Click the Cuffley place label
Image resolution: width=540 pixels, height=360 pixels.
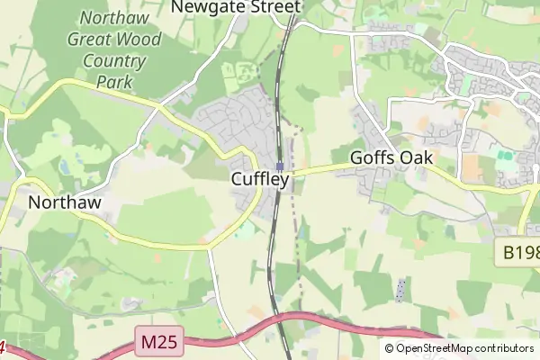pos(260,179)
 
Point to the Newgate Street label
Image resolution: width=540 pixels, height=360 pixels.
pos(235,7)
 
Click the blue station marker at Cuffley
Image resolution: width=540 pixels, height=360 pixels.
pos(280,166)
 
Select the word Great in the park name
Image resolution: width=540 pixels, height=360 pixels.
pos(93,40)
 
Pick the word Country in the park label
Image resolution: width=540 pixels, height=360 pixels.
pos(113,61)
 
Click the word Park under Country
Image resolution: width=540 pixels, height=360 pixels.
pos(113,83)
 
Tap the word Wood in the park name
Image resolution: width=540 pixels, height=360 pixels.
pos(139,40)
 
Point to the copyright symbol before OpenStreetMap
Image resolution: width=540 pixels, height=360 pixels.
pos(390,348)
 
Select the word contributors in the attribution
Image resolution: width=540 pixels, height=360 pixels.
pos(504,348)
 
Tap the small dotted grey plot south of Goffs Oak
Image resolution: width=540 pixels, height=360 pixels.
pos(400,290)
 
